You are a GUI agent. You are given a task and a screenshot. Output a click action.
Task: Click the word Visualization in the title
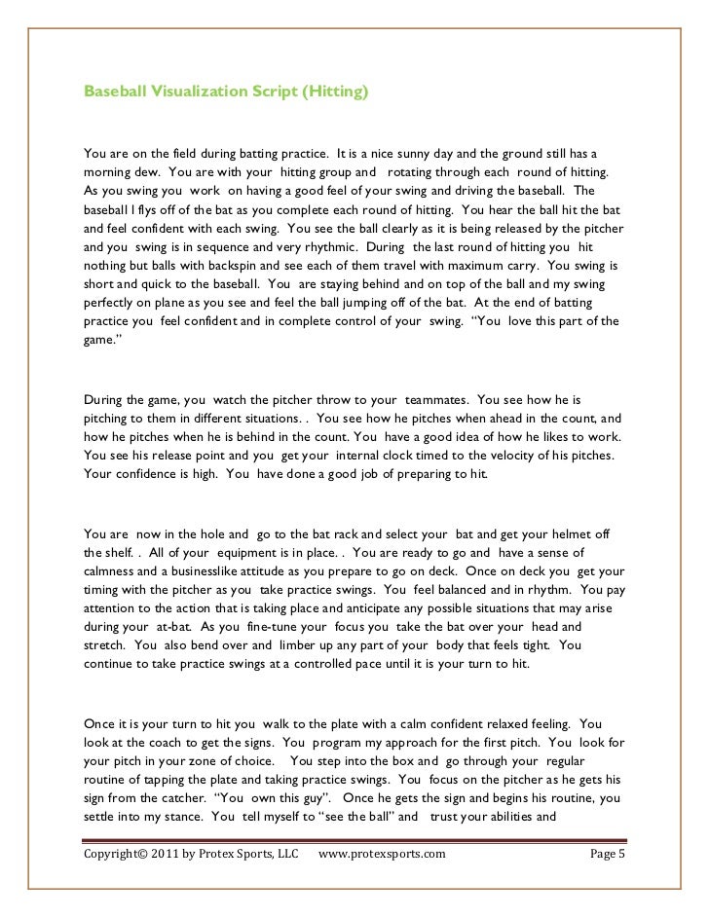[194, 92]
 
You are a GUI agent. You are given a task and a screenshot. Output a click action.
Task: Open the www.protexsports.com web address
[382, 854]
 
